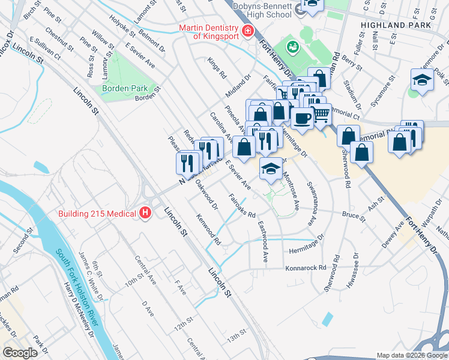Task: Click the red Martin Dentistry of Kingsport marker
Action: pos(246,31)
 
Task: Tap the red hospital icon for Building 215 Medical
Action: pos(144,213)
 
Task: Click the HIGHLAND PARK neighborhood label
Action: pos(396,25)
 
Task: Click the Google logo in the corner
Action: pos(20,353)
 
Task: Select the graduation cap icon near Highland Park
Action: pos(422,81)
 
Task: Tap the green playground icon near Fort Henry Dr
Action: pos(293,46)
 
